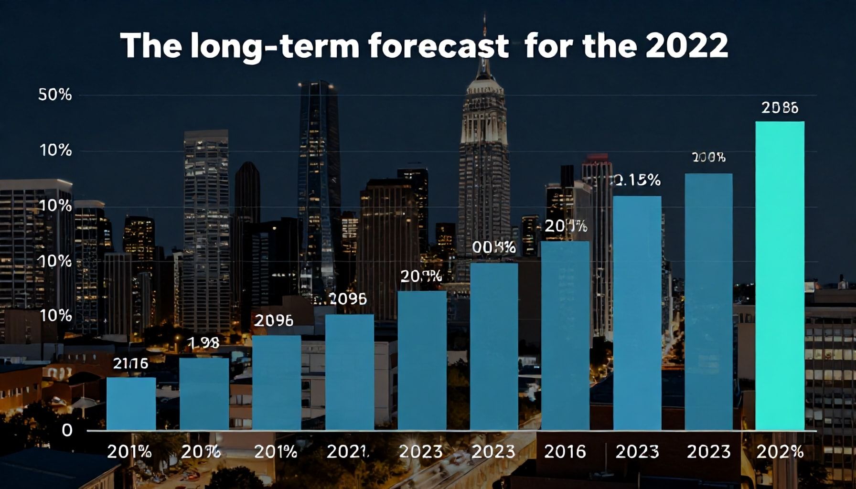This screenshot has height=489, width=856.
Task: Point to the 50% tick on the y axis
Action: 55,95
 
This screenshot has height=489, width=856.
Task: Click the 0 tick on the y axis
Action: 67,430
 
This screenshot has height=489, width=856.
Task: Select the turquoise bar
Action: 780,276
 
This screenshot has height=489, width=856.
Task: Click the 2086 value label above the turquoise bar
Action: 780,108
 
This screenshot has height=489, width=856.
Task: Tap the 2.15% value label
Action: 637,180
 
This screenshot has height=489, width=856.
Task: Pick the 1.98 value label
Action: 204,342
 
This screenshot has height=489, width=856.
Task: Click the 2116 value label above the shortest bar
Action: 131,364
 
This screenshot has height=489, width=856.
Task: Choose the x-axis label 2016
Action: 565,451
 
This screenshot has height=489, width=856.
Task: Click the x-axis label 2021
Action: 348,451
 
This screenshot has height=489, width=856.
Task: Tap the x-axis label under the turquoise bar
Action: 780,451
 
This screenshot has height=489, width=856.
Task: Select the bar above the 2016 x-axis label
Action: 565,335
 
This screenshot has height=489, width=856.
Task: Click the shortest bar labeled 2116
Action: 131,404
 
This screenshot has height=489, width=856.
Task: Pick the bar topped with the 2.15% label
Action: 637,313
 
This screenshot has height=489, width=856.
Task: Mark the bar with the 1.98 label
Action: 204,394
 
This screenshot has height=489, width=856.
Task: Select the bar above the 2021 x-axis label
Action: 350,372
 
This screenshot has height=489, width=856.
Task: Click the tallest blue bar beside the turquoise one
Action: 708,301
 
